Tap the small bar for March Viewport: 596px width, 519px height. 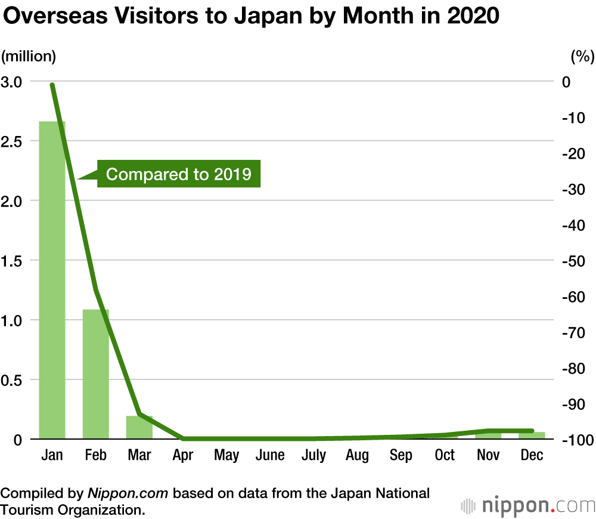click(139, 427)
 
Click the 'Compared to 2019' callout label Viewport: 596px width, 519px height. click(178, 174)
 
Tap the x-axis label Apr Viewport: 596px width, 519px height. click(183, 455)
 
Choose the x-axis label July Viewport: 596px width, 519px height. click(313, 455)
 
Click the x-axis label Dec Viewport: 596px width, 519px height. click(532, 455)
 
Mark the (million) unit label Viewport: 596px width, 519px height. click(29, 57)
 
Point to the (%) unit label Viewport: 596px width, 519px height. click(582, 57)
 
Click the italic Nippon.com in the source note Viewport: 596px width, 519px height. click(129, 493)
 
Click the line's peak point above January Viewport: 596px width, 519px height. click(52, 85)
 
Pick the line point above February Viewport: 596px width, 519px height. click(95, 291)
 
